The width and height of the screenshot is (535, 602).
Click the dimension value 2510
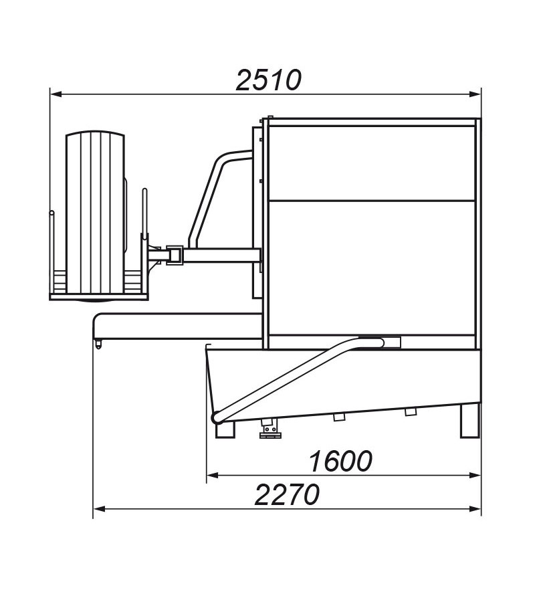tap(269, 81)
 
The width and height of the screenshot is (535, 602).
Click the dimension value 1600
tap(340, 461)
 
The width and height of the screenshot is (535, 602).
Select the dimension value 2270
tap(287, 494)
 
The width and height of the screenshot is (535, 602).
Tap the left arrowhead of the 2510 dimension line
tap(56, 94)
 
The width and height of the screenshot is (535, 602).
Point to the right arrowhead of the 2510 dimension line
tap(475, 94)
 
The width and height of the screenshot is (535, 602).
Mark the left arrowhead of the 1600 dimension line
tap(213, 476)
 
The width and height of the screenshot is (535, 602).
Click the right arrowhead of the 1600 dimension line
tap(475, 476)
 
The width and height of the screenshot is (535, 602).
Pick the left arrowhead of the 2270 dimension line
tap(99, 509)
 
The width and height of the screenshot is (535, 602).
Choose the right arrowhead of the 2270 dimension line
tap(475, 509)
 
